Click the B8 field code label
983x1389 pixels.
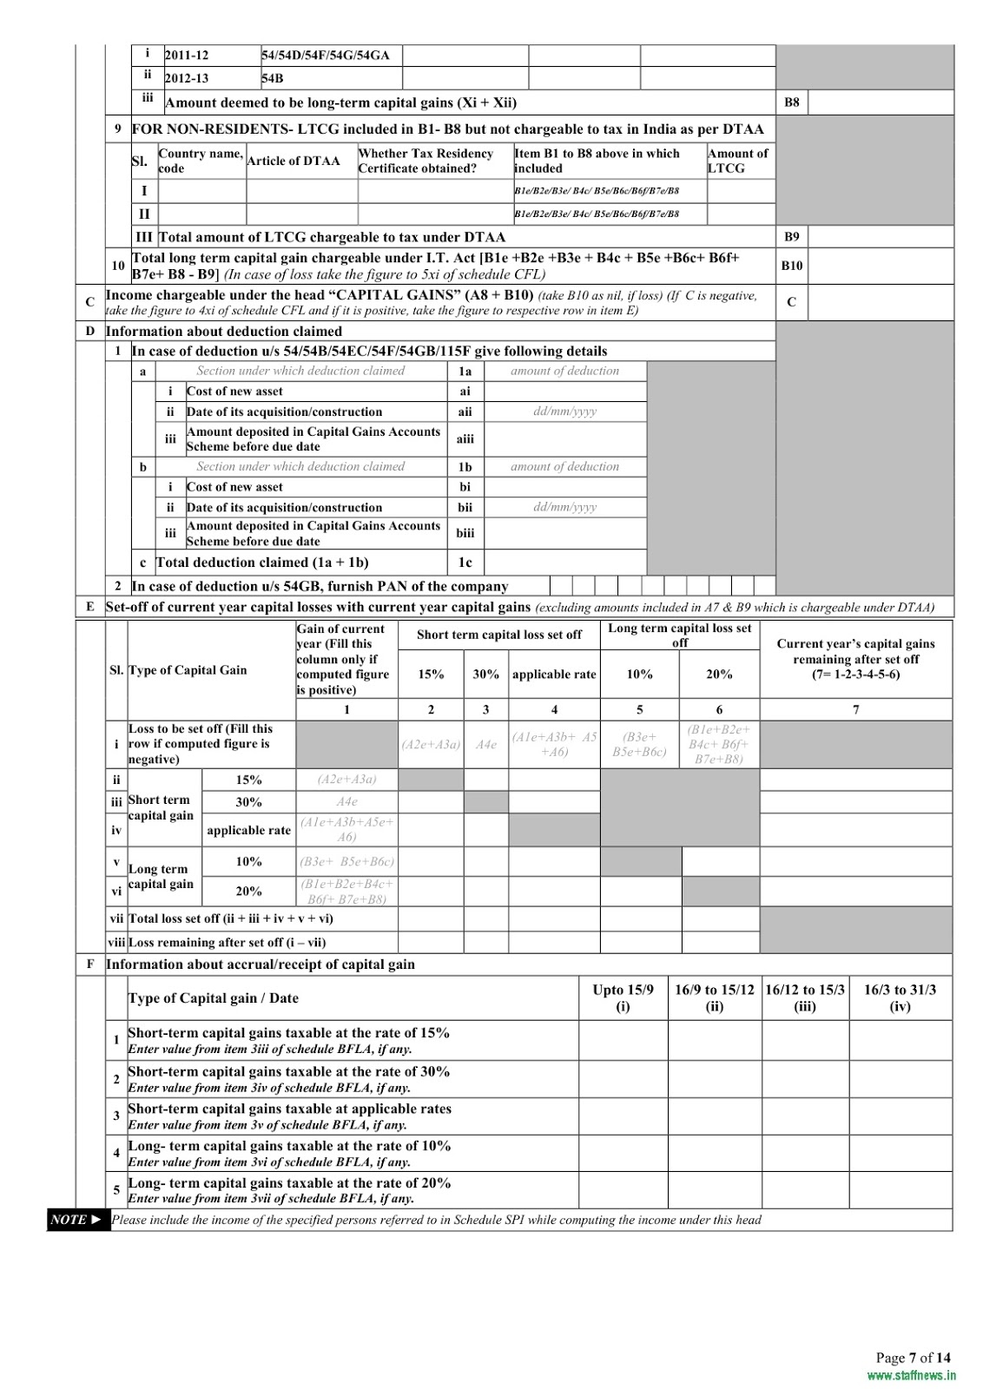pos(791,102)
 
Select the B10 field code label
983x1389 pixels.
pos(791,266)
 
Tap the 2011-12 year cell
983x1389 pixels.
pos(188,56)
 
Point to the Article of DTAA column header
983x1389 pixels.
pos(294,161)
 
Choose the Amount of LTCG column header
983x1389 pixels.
pos(737,161)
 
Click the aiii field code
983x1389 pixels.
pos(465,439)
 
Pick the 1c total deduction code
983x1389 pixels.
pos(465,563)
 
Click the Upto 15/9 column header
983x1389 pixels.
pos(623,998)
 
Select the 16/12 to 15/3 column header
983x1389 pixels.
pos(805,998)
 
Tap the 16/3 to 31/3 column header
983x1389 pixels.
pos(900,998)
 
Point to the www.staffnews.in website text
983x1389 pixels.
pos(911,1375)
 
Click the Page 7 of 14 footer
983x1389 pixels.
pos(913,1358)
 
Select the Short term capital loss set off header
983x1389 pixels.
pos(498,635)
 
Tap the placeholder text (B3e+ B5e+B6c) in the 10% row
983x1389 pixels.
pos(346,862)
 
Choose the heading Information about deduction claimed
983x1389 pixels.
pos(224,332)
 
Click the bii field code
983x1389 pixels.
pos(465,507)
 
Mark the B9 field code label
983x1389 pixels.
pos(791,236)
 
